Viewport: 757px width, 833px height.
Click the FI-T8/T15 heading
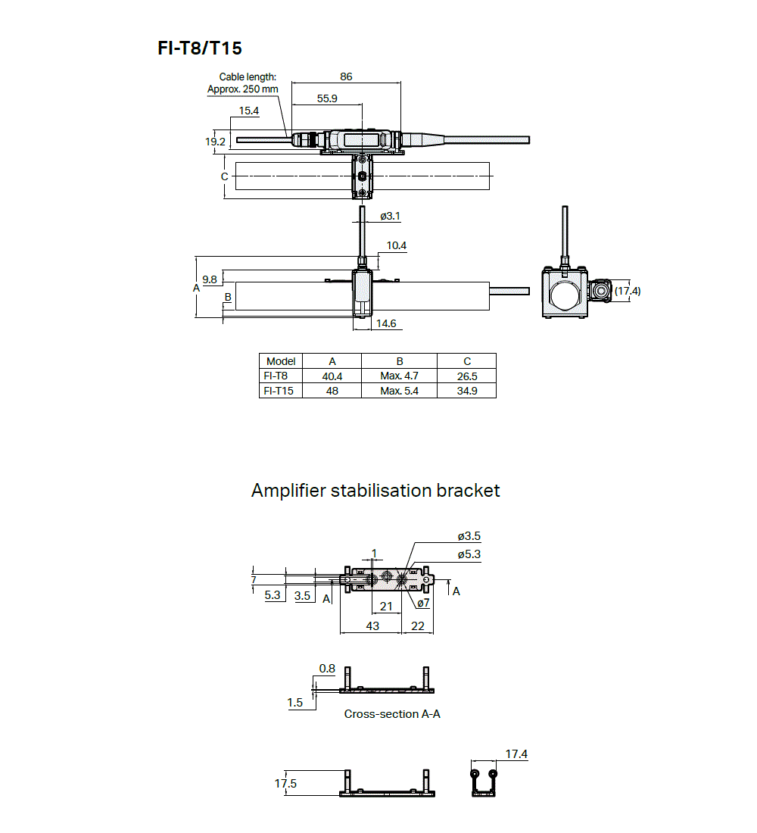(x=200, y=48)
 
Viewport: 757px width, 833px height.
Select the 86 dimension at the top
(x=346, y=76)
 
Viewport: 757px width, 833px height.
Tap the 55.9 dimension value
(x=327, y=98)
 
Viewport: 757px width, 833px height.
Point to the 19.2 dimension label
(x=216, y=142)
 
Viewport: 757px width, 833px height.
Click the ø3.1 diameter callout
(x=389, y=216)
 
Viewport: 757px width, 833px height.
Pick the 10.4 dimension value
(x=396, y=245)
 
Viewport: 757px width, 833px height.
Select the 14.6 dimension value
(x=386, y=323)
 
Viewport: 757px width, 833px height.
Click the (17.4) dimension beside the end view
(x=627, y=291)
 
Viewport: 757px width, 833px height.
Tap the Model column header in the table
(x=281, y=361)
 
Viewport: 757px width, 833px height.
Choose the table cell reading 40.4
(x=332, y=376)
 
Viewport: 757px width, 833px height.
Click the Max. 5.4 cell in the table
(x=399, y=391)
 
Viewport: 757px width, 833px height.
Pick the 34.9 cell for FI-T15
(x=466, y=391)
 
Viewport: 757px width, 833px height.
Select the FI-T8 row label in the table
(x=276, y=376)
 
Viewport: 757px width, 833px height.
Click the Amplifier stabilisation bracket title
(x=375, y=491)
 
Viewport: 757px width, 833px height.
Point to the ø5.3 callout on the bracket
(x=469, y=554)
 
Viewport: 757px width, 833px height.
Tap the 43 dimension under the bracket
(x=372, y=626)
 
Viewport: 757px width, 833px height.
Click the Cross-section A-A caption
(x=392, y=713)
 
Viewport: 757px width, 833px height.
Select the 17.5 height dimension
(x=285, y=784)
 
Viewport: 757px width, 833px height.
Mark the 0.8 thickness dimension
(x=327, y=669)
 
